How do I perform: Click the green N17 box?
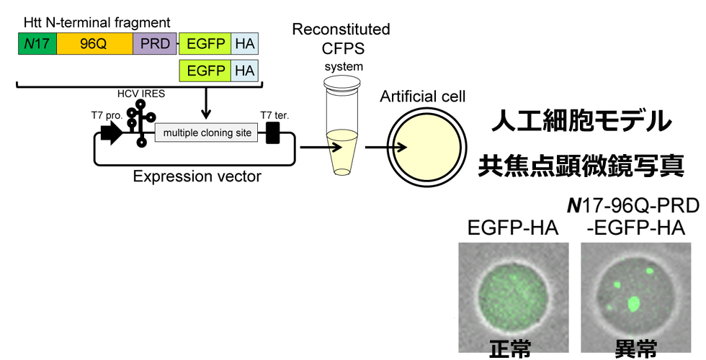tap(36, 43)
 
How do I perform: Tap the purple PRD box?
tap(155, 43)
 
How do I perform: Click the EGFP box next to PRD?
tap(205, 43)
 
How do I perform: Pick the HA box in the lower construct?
tap(245, 70)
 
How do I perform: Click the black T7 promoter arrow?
tap(111, 132)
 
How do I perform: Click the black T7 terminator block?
tap(272, 132)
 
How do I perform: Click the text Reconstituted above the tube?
tap(341, 30)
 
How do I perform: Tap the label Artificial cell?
tap(423, 96)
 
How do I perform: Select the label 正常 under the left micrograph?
tap(511, 349)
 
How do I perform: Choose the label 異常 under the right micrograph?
tap(635, 349)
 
